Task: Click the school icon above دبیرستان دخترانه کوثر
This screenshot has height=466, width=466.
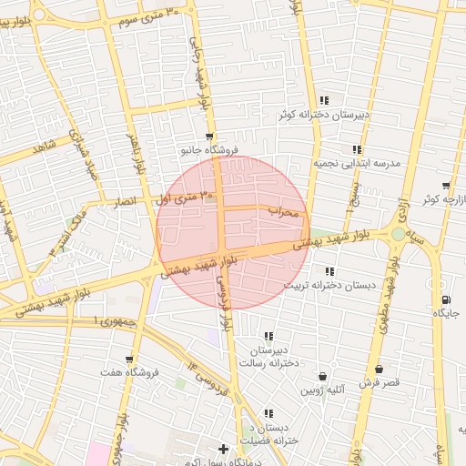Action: (324, 101)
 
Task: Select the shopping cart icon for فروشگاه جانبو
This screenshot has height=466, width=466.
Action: (210, 137)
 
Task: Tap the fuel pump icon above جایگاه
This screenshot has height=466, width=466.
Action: (444, 300)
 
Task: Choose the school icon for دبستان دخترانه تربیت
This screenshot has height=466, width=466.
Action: (329, 271)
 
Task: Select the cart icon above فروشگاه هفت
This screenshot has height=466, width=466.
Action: (130, 360)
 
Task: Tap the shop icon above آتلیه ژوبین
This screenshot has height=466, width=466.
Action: (323, 376)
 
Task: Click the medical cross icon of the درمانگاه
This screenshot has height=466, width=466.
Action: (224, 449)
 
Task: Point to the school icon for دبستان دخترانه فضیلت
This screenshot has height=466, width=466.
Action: (268, 414)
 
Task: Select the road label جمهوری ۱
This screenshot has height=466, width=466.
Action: (113, 321)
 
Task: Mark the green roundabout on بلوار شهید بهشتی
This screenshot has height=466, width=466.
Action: (398, 234)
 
